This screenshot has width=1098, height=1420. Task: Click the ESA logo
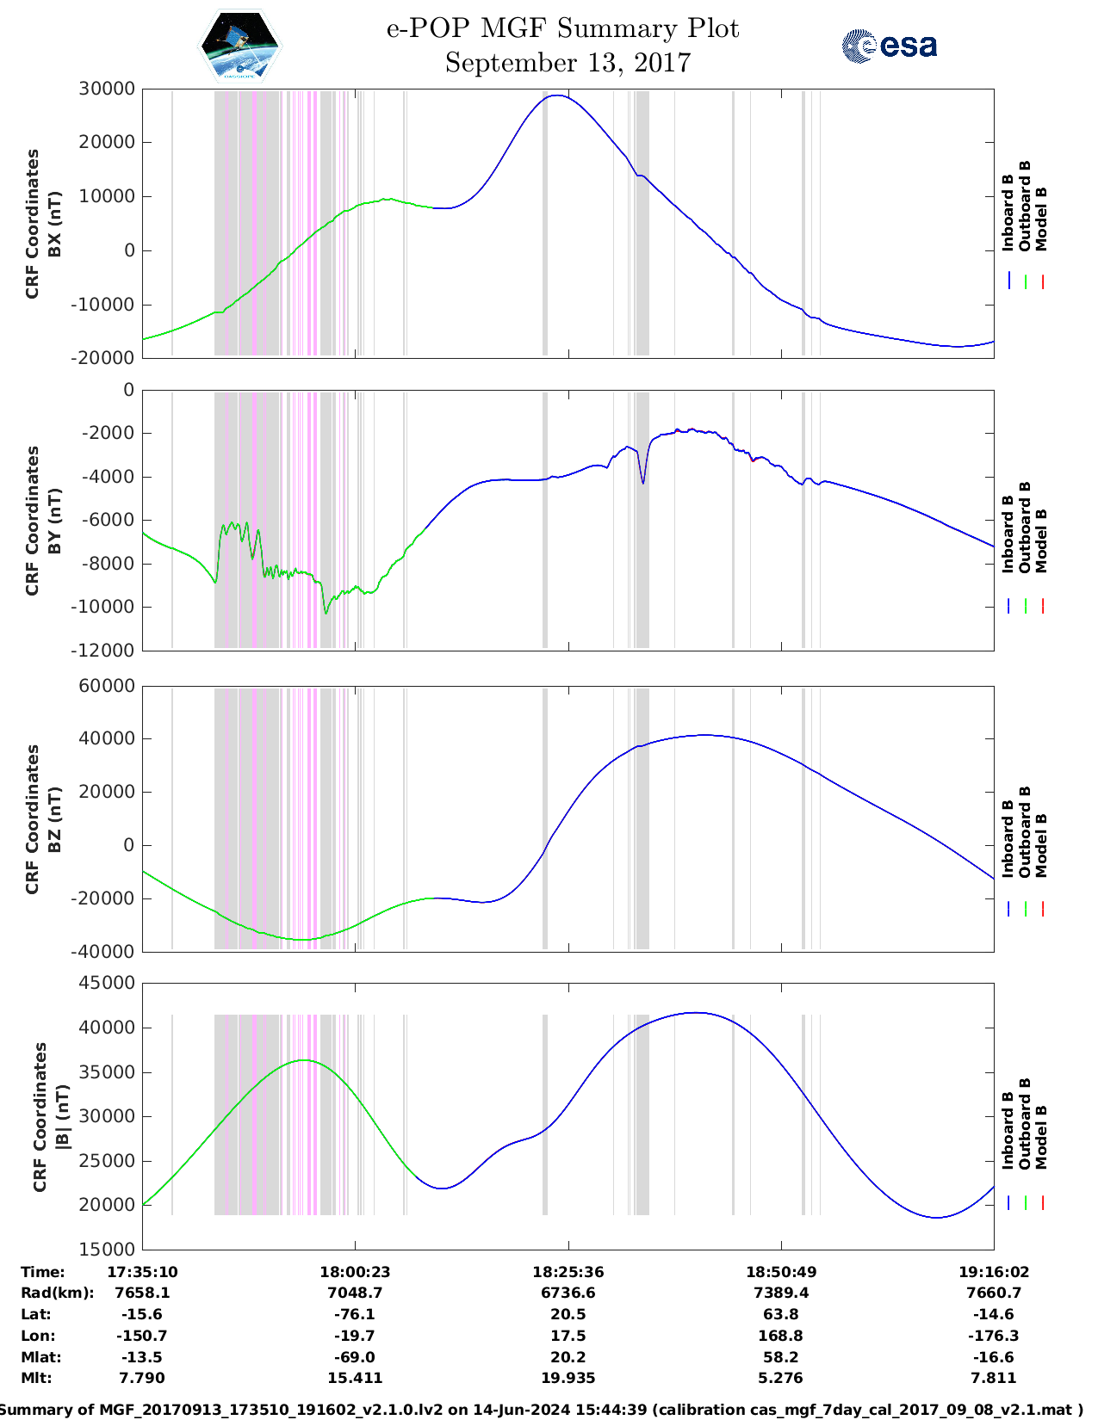(889, 46)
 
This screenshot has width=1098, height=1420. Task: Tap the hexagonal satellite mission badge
(239, 46)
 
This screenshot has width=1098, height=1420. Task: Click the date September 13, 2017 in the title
(568, 64)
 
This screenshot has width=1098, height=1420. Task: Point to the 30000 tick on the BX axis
(106, 89)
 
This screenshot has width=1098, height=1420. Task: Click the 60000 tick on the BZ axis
(106, 686)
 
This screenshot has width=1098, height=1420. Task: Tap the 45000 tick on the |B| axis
(106, 983)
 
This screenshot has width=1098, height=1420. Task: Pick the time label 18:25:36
(568, 1272)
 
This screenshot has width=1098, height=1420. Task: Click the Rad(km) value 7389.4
(780, 1293)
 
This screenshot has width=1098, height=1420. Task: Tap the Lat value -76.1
(355, 1314)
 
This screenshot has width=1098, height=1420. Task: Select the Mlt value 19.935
(568, 1378)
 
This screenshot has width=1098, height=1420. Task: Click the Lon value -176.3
(993, 1336)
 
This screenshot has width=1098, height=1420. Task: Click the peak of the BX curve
(557, 96)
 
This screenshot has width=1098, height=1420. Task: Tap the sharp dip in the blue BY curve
(642, 483)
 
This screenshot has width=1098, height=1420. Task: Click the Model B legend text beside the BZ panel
(1041, 845)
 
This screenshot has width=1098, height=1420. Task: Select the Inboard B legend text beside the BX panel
(1008, 213)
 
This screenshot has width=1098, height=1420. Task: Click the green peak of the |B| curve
(304, 1060)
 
